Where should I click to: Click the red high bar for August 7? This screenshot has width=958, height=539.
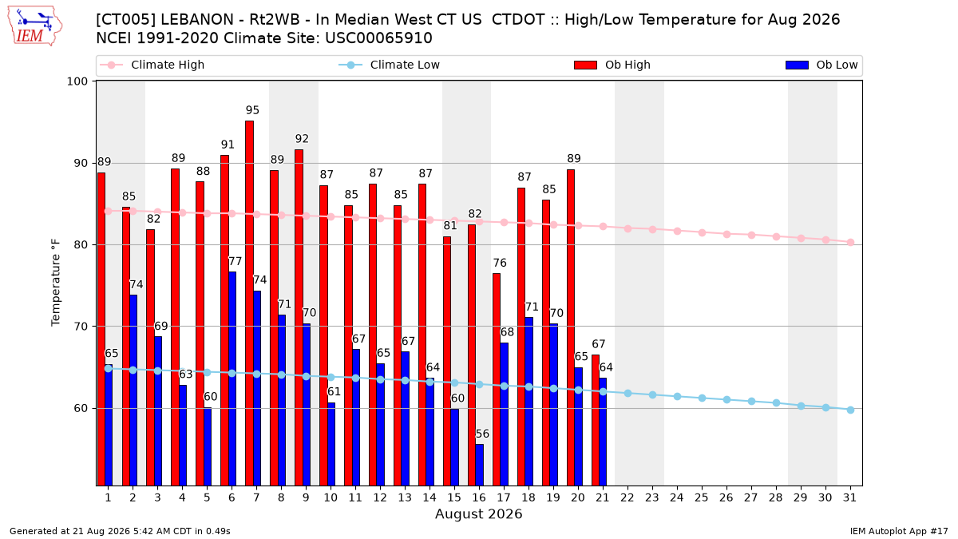(x=249, y=303)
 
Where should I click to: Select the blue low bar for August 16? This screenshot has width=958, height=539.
(x=480, y=465)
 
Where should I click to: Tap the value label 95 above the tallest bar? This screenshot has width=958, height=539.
(x=252, y=110)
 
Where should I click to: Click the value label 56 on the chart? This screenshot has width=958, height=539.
(x=482, y=434)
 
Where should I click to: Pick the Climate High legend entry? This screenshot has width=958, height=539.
(x=152, y=65)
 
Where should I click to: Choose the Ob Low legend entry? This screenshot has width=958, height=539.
(x=821, y=65)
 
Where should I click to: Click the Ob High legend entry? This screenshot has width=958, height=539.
(x=612, y=65)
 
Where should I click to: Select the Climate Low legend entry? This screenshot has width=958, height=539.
(x=390, y=65)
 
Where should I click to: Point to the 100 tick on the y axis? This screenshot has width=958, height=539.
(x=77, y=81)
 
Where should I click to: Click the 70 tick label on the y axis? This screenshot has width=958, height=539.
(x=81, y=327)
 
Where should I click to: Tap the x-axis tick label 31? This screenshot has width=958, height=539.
(x=849, y=497)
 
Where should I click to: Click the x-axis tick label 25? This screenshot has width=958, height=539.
(x=702, y=497)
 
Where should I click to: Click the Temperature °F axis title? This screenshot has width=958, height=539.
(x=56, y=283)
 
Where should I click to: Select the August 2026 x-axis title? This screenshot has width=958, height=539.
(x=478, y=513)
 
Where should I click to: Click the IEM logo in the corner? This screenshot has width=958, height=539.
(x=35, y=26)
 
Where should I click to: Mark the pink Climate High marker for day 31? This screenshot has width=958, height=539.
(x=851, y=243)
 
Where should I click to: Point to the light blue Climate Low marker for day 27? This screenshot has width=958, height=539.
(x=751, y=401)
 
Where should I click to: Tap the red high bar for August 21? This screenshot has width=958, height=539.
(x=596, y=420)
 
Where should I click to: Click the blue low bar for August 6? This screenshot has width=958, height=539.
(x=232, y=378)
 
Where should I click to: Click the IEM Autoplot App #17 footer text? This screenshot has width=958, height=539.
(x=899, y=531)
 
